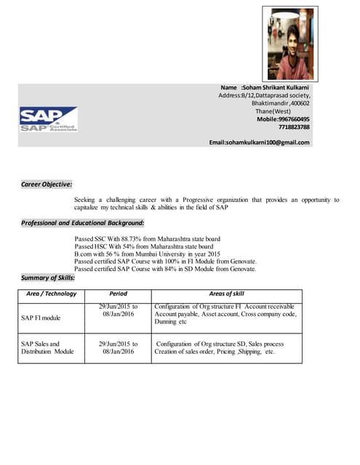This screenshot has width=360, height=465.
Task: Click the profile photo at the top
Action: pyautogui.click(x=289, y=43)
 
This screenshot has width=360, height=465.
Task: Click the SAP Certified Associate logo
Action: pyautogui.click(x=48, y=119)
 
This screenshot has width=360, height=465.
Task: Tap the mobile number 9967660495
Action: pyautogui.click(x=294, y=119)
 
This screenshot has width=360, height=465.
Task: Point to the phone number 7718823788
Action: pyautogui.click(x=294, y=127)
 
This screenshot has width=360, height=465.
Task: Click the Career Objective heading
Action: pyautogui.click(x=46, y=185)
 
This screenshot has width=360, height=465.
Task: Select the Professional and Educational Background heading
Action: pyautogui.click(x=82, y=222)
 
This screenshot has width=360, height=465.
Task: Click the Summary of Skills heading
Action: pyautogui.click(x=47, y=278)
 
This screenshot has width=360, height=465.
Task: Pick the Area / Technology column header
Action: pyautogui.click(x=51, y=294)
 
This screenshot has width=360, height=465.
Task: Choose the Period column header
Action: pyautogui.click(x=117, y=294)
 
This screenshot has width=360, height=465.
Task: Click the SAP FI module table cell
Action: pyautogui.click(x=41, y=318)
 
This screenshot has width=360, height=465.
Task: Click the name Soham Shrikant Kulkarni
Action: pyautogui.click(x=276, y=88)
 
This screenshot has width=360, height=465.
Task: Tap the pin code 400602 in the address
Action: pyautogui.click(x=300, y=103)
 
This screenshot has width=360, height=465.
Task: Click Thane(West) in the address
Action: pyautogui.click(x=291, y=111)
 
